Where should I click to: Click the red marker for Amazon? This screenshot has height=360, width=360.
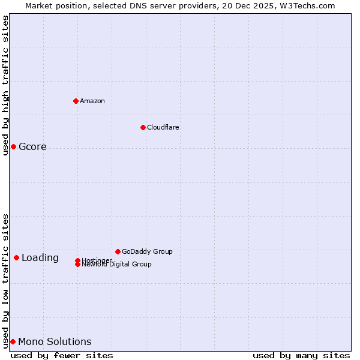(76, 101)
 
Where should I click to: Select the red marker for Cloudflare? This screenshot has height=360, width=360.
(143, 127)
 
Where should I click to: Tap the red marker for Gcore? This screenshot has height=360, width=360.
(13, 147)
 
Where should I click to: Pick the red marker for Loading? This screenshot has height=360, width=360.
(16, 258)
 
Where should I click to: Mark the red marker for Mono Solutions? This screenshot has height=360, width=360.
(13, 342)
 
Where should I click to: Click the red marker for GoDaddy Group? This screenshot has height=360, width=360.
(118, 251)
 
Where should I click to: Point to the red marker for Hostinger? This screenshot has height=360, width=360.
(77, 260)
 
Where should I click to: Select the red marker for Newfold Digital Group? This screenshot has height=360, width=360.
(77, 265)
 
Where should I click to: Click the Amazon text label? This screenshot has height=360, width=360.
(92, 101)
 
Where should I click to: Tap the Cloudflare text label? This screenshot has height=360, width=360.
(163, 127)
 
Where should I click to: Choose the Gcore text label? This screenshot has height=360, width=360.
(32, 147)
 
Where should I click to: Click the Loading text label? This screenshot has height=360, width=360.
(40, 258)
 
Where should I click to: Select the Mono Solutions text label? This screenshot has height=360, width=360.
(55, 342)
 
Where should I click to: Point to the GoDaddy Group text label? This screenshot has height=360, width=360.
(147, 251)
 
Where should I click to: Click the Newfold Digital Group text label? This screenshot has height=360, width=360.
(117, 265)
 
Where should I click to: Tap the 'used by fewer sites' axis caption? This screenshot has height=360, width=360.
(62, 355)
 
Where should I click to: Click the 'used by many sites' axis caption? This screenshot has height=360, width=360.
(301, 355)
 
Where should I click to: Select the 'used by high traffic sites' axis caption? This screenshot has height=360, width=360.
(5, 85)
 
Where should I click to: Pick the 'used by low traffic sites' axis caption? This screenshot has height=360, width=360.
(5, 280)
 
